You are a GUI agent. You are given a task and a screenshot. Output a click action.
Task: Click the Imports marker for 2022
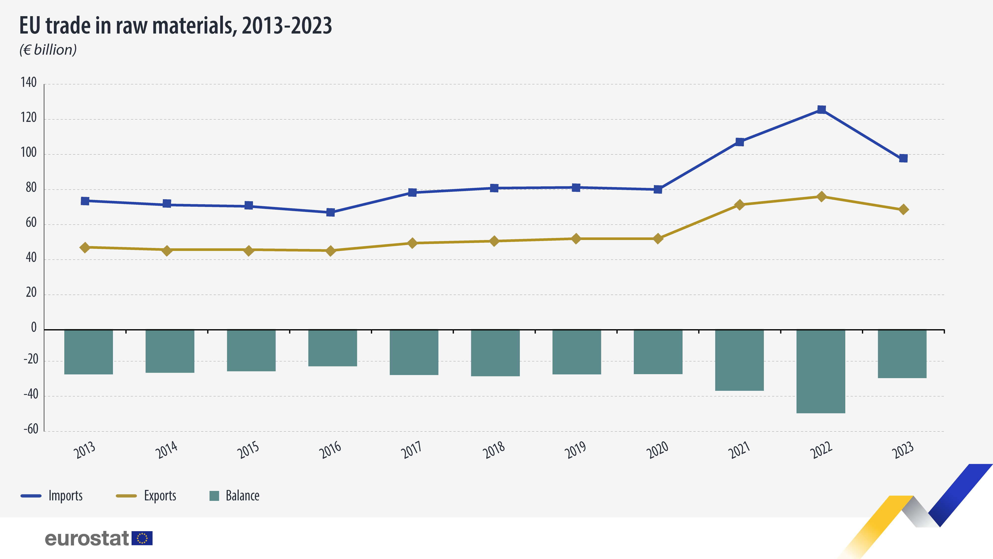(x=821, y=110)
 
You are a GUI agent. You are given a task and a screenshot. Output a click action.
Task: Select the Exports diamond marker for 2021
(x=739, y=204)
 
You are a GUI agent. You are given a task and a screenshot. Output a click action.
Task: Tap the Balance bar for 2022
(x=821, y=371)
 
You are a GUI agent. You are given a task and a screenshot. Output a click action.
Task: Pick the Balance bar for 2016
(x=333, y=348)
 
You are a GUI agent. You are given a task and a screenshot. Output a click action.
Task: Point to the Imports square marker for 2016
(x=330, y=212)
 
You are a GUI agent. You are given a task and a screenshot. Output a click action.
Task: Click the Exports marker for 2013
(x=85, y=247)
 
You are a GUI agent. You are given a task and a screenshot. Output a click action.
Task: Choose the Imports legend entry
(x=52, y=496)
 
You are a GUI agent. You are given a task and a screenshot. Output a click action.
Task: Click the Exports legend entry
(x=146, y=496)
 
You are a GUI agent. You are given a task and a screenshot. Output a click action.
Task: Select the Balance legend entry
(x=234, y=496)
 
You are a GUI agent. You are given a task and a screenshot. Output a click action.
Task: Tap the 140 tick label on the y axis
(x=29, y=82)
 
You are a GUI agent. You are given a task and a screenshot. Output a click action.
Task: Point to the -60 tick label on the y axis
(x=31, y=429)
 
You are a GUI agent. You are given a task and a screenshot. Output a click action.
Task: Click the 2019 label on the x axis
(x=575, y=449)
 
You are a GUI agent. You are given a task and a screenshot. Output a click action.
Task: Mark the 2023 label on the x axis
(x=903, y=449)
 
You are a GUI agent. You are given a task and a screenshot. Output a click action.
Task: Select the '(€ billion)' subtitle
(x=48, y=50)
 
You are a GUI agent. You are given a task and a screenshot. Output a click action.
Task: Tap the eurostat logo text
(x=87, y=539)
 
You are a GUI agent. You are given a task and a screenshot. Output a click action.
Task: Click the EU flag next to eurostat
(x=142, y=538)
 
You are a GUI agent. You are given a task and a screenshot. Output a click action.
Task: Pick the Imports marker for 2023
(x=903, y=158)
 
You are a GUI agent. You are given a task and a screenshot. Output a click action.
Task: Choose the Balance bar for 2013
(x=89, y=352)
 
